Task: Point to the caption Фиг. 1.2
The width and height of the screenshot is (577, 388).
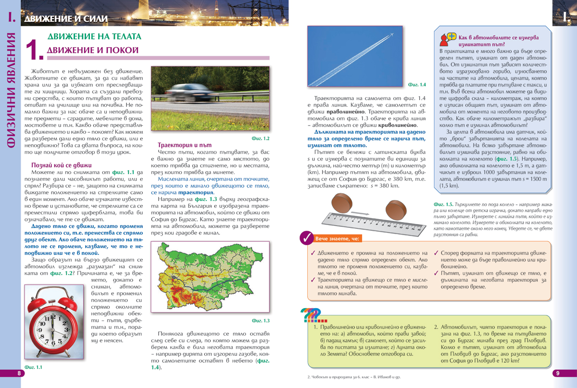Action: (x=261, y=138)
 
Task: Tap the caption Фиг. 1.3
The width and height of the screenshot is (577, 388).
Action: (x=261, y=320)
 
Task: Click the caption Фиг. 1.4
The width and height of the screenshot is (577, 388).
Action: (x=416, y=85)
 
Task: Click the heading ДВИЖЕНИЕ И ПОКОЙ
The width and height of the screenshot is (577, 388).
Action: (x=93, y=50)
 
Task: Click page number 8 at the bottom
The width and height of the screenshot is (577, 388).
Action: (x=19, y=373)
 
